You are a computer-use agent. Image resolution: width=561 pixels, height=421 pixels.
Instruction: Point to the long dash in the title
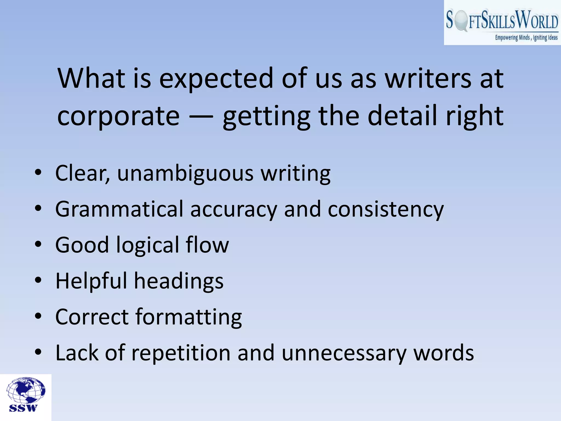201,117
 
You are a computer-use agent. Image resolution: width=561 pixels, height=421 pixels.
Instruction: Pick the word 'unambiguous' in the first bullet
185,173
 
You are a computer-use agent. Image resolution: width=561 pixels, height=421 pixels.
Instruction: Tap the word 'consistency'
385,209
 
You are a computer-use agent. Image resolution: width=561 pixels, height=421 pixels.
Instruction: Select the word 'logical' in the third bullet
147,245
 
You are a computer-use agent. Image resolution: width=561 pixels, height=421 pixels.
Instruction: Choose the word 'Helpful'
91,281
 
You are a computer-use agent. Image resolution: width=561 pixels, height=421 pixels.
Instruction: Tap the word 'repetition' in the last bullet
181,353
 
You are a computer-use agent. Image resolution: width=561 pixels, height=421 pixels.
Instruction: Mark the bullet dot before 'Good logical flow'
38,244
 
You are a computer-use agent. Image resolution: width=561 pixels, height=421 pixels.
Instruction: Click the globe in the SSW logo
26,390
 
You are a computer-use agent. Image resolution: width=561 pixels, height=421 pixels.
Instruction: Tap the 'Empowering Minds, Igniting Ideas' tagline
526,38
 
